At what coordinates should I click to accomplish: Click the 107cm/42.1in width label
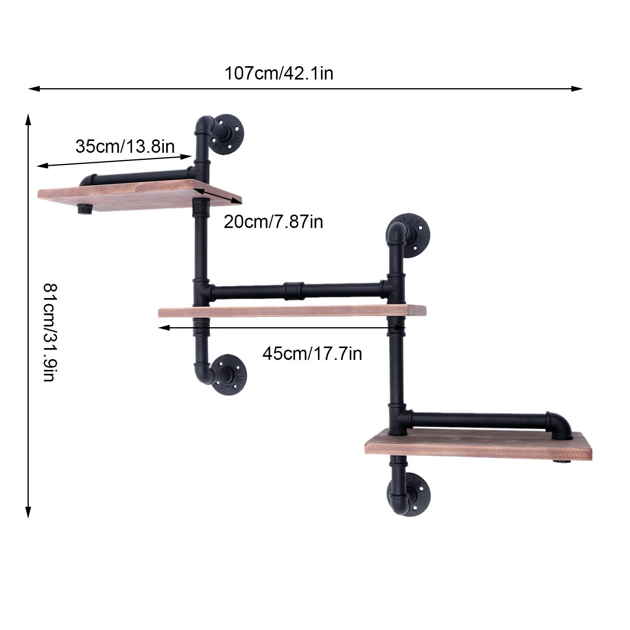[279, 74]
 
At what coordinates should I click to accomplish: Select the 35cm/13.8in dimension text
[125, 146]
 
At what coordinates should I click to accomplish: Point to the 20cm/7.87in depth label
[273, 222]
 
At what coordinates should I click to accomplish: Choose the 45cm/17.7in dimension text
[312, 354]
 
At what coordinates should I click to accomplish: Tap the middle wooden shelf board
[292, 311]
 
